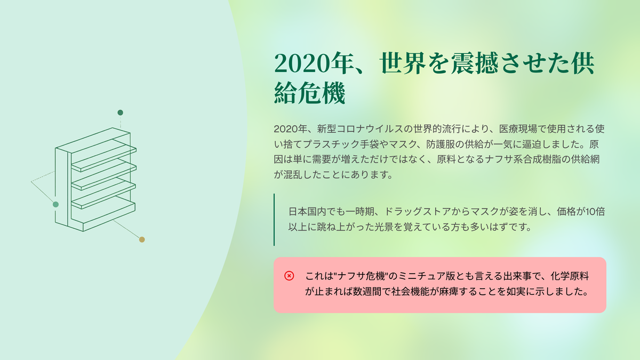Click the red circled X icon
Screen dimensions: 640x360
pyautogui.click(x=289, y=276)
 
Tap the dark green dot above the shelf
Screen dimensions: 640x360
pyautogui.click(x=121, y=113)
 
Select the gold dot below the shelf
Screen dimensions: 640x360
pyautogui.click(x=142, y=239)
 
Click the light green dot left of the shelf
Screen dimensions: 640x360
pyautogui.click(x=55, y=204)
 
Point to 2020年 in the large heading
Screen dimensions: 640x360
pyautogui.click(x=314, y=63)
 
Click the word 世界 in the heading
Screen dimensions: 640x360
pyautogui.click(x=403, y=63)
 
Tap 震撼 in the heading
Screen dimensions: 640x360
pyautogui.click(x=475, y=63)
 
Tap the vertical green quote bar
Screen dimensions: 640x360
pyautogui.click(x=274, y=219)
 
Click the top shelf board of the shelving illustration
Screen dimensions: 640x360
pyautogui.click(x=104, y=156)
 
